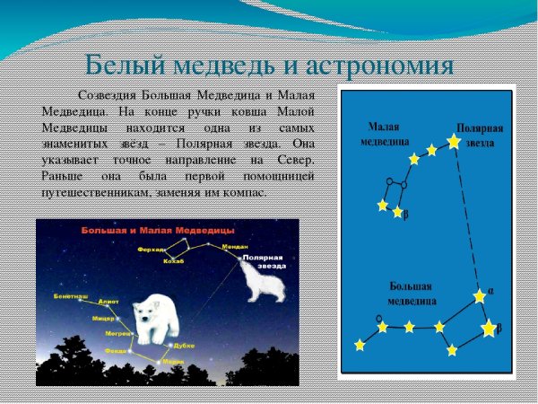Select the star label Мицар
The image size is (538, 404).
103,318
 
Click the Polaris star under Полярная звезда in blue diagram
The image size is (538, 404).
455,141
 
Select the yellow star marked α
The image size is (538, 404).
481,295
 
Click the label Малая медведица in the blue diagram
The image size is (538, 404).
386,135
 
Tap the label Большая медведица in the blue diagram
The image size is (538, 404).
412,293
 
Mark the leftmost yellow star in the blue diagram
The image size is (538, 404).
360,345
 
